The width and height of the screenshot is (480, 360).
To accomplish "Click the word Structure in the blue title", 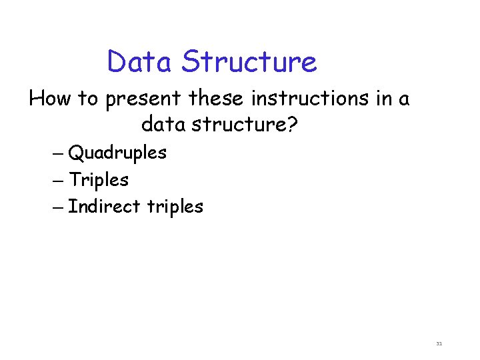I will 249,62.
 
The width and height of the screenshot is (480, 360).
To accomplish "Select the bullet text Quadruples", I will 117,153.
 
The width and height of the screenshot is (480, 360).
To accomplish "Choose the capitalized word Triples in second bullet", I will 99,180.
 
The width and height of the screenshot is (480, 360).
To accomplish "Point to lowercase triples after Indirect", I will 175,207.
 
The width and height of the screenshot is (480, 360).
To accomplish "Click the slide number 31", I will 439,344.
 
